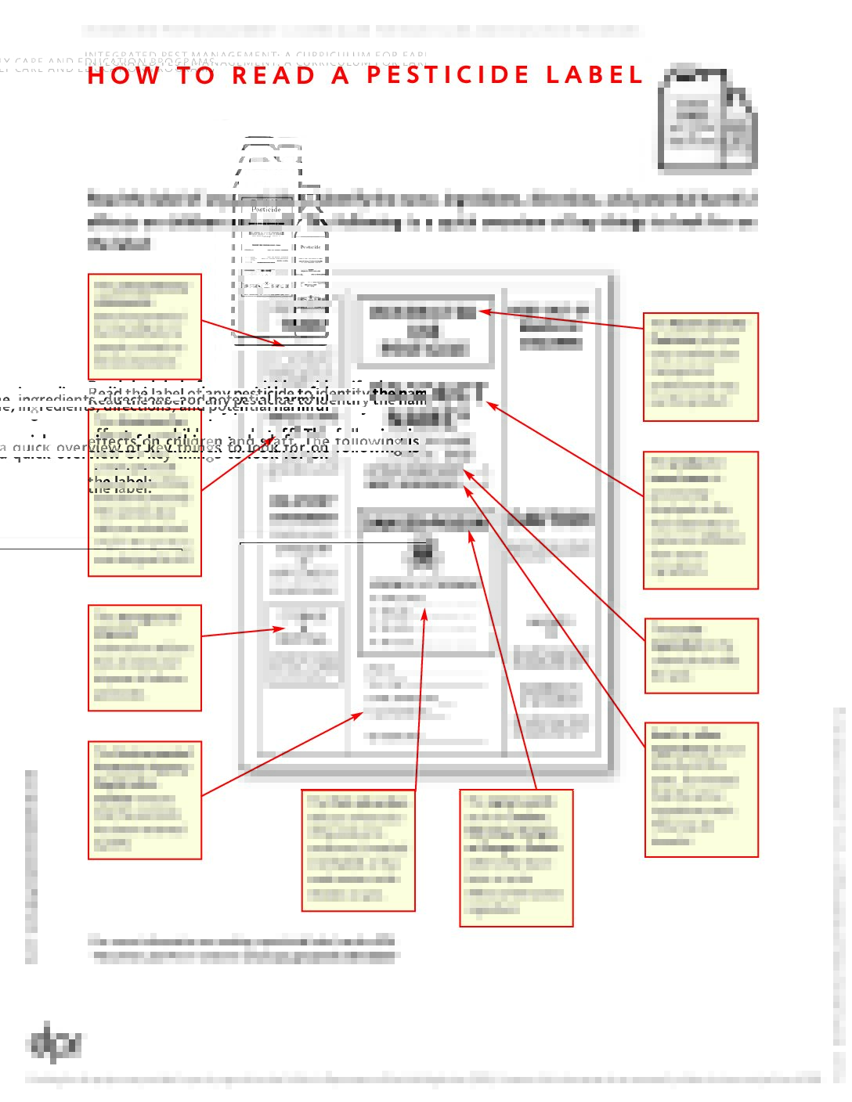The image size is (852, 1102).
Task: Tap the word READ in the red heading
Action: tap(273, 76)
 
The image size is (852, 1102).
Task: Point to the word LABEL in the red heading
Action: tap(594, 75)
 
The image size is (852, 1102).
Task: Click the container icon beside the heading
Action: tap(707, 118)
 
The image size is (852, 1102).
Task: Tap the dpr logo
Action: tap(54, 1043)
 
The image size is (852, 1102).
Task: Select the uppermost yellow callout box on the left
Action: tap(145, 326)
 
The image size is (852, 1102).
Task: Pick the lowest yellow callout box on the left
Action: tap(145, 800)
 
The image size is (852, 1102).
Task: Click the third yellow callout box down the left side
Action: tap(145, 657)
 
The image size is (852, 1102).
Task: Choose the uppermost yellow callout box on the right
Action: tap(701, 367)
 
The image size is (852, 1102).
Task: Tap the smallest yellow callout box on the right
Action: tap(702, 656)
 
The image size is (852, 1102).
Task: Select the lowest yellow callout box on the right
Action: tap(702, 790)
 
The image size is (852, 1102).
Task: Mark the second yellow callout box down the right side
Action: tap(701, 520)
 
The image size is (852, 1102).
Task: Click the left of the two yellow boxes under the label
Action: tap(359, 850)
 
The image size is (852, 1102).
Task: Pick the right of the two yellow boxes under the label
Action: tap(516, 858)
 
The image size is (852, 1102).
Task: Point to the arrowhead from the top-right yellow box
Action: tap(482, 312)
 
